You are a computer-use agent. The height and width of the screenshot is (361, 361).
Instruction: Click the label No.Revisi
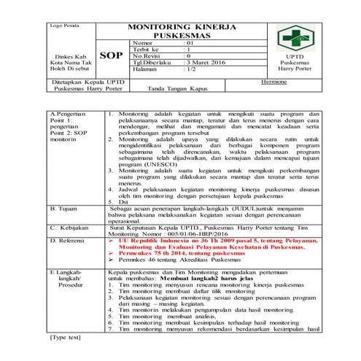point(146,55)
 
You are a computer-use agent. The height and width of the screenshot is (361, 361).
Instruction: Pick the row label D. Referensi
point(69,240)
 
